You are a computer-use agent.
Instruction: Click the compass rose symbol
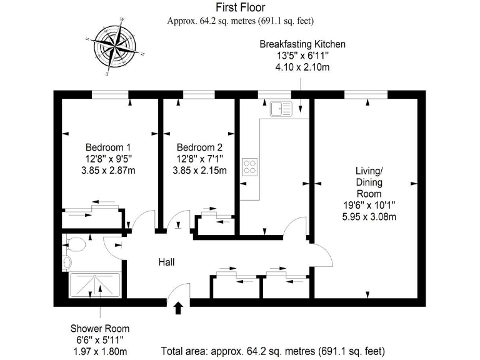[x=116, y=47]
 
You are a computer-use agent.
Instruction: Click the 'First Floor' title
[x=240, y=7]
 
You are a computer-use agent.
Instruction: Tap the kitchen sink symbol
[x=281, y=109]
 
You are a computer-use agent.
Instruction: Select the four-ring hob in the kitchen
[x=251, y=166]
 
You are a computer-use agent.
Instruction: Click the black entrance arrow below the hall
[x=178, y=307]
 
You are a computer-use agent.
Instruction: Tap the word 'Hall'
[x=166, y=262]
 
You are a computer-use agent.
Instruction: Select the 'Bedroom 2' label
[x=199, y=147]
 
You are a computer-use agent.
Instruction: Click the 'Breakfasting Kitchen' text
[x=302, y=44]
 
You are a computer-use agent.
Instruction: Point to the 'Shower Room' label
[x=100, y=328]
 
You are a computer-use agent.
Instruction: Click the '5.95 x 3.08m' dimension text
[x=367, y=217]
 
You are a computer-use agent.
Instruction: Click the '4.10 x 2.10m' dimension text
[x=302, y=67]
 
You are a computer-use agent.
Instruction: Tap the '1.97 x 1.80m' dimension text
[x=100, y=351]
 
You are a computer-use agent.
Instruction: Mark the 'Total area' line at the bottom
[x=273, y=351]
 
